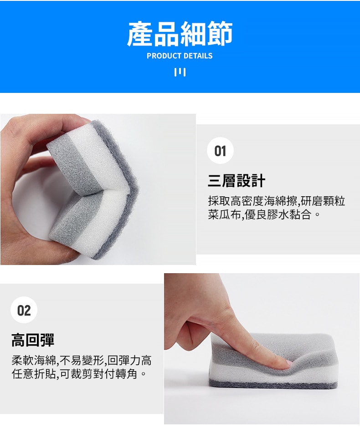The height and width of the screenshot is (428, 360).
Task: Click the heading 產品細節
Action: click(180, 34)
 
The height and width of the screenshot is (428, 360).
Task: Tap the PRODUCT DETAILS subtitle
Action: click(180, 56)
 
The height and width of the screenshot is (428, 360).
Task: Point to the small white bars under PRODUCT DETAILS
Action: click(180, 72)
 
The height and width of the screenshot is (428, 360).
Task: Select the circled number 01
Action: click(220, 151)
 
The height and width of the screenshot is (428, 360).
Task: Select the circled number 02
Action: click(24, 311)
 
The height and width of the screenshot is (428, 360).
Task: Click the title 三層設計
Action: click(237, 181)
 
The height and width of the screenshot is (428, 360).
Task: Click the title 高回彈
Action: click(33, 340)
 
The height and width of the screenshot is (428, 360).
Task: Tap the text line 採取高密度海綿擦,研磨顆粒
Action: click(277, 201)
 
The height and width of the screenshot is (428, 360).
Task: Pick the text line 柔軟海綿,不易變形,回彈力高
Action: click(82, 361)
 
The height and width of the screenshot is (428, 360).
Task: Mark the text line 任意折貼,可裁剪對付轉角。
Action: click(79, 375)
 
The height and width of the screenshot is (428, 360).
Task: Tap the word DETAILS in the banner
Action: click(197, 56)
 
